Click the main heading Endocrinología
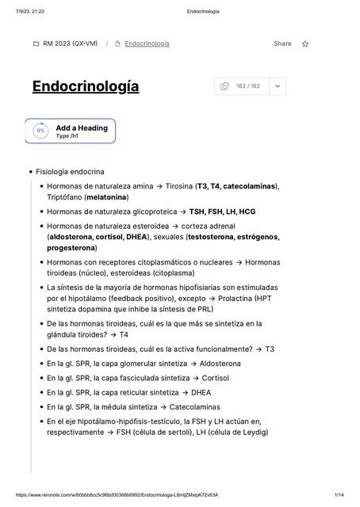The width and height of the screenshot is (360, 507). pos(86,86)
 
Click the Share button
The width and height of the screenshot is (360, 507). pos(282,44)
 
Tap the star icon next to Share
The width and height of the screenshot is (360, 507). pos(305,44)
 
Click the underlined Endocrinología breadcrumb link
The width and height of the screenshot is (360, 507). pos(147,44)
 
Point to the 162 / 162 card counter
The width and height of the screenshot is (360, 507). pos(247,86)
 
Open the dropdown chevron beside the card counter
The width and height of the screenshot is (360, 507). pos(278,86)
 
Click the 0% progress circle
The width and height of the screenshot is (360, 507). pos(40,131)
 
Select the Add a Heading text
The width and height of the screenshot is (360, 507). pos(81,128)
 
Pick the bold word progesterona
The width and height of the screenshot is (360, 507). pos(71,247)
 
